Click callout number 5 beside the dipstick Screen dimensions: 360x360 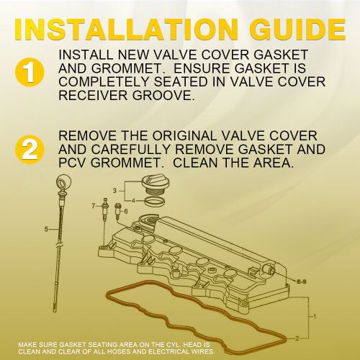tap(45, 230)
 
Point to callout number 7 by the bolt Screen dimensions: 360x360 tap(94, 206)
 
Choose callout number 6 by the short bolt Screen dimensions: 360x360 tap(125, 211)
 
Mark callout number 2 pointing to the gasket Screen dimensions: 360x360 tap(307, 330)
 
